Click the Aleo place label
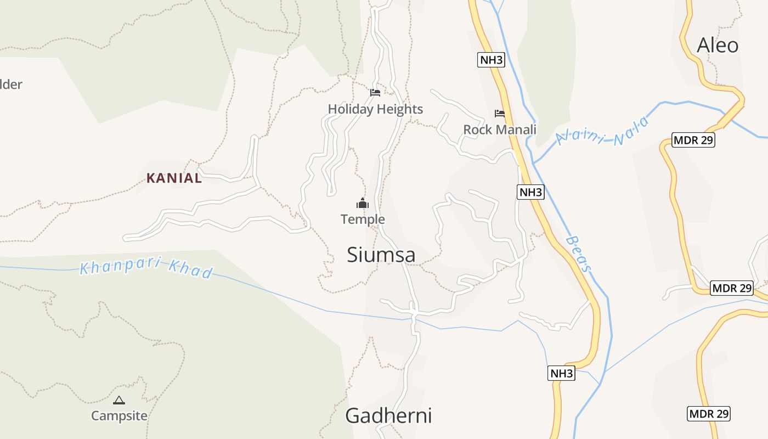tap(718, 45)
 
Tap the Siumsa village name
tap(381, 255)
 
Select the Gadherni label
tap(388, 415)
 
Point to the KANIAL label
tap(174, 178)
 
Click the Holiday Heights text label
tap(375, 109)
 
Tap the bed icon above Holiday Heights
tap(375, 92)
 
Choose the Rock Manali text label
tap(500, 130)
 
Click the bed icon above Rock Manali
tap(500, 114)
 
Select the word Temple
tap(363, 219)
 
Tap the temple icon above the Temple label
tap(363, 203)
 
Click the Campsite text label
tap(119, 415)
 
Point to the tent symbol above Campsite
tap(119, 400)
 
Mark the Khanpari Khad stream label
tap(146, 268)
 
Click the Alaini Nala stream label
tap(602, 132)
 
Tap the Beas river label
tap(579, 254)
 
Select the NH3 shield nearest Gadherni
tap(561, 374)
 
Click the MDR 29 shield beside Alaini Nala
tap(693, 140)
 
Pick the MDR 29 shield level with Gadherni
tap(709, 413)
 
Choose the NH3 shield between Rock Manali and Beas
tap(530, 192)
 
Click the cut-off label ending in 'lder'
tap(11, 85)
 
